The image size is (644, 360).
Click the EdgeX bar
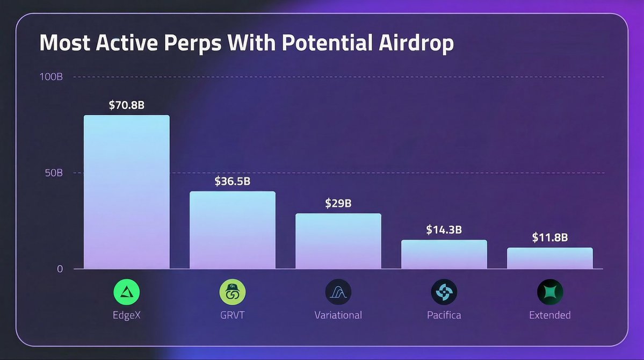tap(127, 192)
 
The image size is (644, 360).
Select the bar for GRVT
tap(233, 230)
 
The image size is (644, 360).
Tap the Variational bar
tap(338, 241)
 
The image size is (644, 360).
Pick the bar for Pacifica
tap(444, 254)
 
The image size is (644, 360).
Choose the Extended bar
tap(550, 258)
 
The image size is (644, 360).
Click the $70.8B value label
tap(127, 105)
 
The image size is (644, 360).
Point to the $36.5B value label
tap(233, 181)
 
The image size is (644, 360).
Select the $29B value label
tap(338, 203)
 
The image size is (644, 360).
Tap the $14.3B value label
tap(444, 229)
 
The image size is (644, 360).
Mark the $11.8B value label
tap(550, 237)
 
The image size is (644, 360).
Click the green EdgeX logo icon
tap(127, 292)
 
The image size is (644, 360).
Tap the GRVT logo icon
tap(233, 292)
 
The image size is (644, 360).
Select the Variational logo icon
tap(338, 292)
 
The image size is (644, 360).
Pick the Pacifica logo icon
tap(444, 292)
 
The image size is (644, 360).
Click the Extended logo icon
tap(550, 292)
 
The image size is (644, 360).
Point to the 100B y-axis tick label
tap(51, 77)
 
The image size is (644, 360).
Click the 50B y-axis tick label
tap(54, 173)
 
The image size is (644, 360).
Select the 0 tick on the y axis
tap(60, 269)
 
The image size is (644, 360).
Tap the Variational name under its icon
tap(338, 315)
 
